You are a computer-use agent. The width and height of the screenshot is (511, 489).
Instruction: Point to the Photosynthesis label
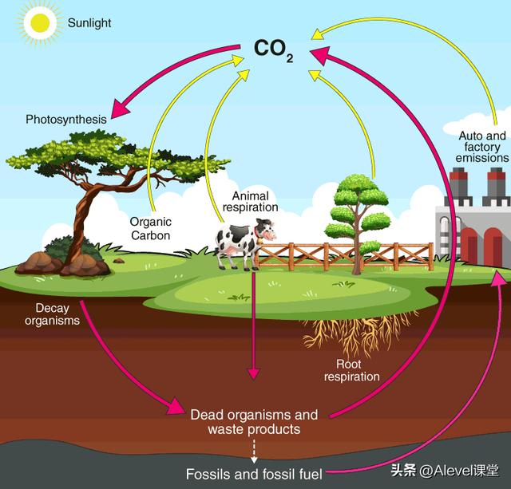coord(65,120)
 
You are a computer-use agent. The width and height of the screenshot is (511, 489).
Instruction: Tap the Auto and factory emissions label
coord(482,147)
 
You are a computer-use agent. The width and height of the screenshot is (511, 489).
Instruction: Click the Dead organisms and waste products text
coord(254,422)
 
